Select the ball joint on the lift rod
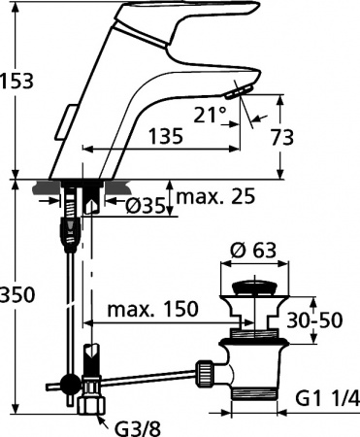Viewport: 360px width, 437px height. (x=69, y=381)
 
